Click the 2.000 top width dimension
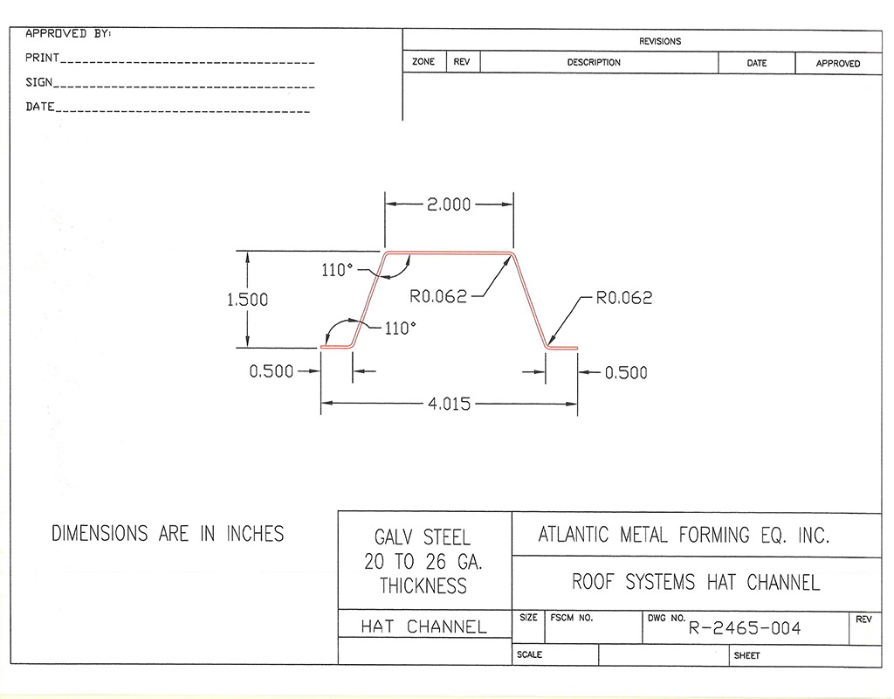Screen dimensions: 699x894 point(449,204)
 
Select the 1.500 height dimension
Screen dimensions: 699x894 point(247,300)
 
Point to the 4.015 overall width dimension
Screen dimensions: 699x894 point(449,404)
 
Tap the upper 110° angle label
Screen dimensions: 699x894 point(336,271)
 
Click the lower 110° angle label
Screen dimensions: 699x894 point(401,329)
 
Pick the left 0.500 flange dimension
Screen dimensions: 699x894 point(272,371)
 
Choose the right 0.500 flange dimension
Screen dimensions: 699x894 point(626,373)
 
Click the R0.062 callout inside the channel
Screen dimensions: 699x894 point(438,297)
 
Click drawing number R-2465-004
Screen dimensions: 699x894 point(745,628)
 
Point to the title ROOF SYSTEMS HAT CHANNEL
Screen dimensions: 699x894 point(696,582)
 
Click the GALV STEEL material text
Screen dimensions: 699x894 point(423,537)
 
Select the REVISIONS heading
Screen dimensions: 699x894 point(660,41)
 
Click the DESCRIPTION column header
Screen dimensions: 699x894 point(594,63)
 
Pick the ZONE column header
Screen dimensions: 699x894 point(423,63)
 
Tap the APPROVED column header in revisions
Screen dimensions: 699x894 point(837,64)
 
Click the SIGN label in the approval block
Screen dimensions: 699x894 point(39,83)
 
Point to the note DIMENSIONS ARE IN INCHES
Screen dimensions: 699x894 point(168,533)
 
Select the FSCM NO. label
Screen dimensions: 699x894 point(572,618)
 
